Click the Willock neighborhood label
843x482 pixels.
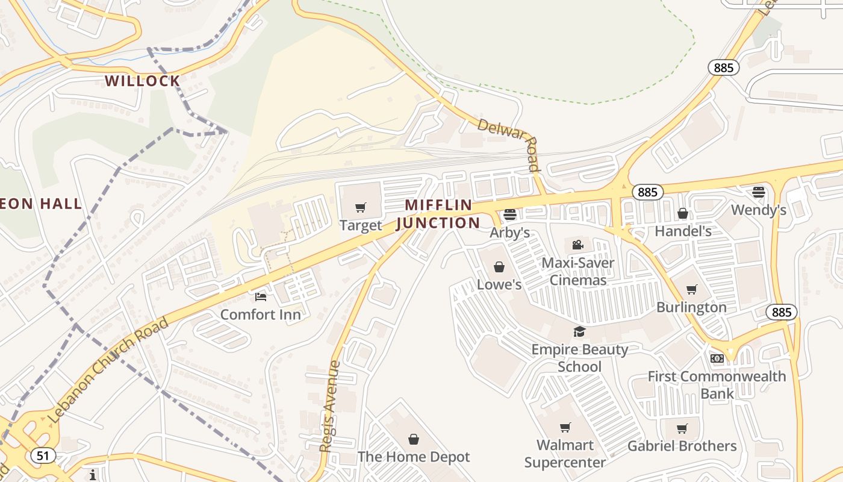click(142, 81)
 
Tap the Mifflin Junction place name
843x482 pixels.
click(438, 214)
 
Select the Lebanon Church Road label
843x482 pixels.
click(108, 370)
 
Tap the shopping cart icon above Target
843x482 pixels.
click(360, 208)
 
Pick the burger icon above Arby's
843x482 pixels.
click(510, 214)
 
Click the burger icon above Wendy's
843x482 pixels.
click(758, 193)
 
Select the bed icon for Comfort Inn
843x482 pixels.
click(260, 296)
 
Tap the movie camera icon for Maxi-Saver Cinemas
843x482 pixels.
click(577, 245)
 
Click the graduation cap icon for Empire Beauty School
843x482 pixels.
click(579, 331)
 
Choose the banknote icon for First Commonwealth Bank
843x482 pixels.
click(717, 358)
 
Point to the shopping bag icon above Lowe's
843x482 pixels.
click(499, 267)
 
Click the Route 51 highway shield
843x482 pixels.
click(42, 455)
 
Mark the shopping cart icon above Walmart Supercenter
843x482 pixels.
click(565, 428)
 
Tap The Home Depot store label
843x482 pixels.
click(413, 457)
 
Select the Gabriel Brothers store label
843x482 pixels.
click(682, 446)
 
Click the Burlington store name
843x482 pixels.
click(691, 307)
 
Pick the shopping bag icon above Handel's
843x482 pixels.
click(683, 213)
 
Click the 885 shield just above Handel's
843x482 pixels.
click(647, 192)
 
